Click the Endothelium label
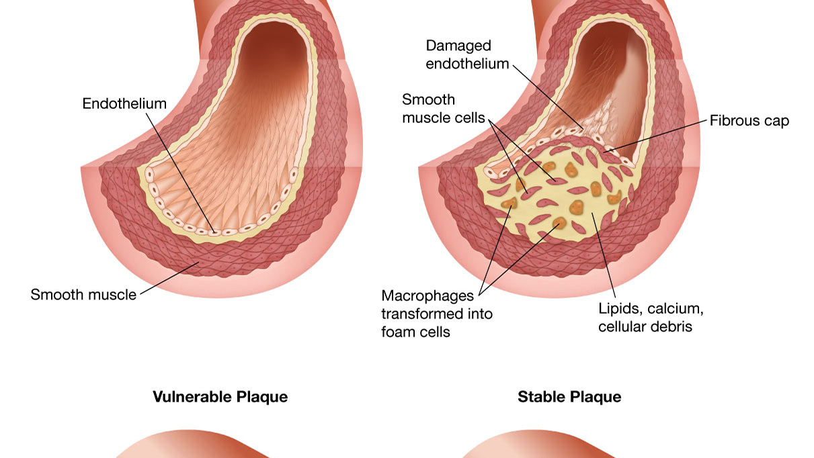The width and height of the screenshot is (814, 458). pyautogui.click(x=124, y=103)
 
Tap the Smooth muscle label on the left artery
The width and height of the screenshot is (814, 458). pyautogui.click(x=83, y=294)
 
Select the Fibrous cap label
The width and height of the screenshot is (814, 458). pyautogui.click(x=749, y=121)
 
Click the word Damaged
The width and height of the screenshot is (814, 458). pyautogui.click(x=458, y=46)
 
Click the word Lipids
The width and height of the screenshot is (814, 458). pyautogui.click(x=619, y=309)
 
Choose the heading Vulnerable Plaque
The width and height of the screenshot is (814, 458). pyautogui.click(x=220, y=397)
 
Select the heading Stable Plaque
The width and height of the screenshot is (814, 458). pyautogui.click(x=569, y=397)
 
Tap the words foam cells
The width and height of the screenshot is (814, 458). pyautogui.click(x=415, y=332)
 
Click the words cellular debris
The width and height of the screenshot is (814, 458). pyautogui.click(x=645, y=327)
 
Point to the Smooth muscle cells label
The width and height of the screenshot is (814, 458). pyautogui.click(x=443, y=109)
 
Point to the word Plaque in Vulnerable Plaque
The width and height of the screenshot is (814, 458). pyautogui.click(x=263, y=397)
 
